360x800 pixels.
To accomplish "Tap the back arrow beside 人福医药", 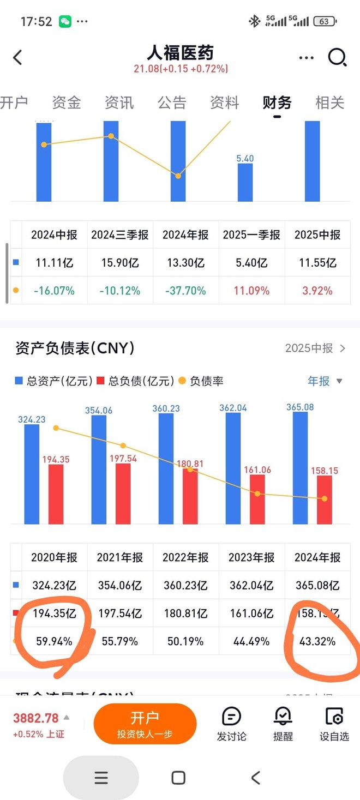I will click(18, 57).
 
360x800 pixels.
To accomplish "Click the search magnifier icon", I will click(337, 57).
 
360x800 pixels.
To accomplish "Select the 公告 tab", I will click(172, 103).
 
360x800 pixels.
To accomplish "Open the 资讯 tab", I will click(119, 103).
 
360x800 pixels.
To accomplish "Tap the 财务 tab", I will click(277, 103).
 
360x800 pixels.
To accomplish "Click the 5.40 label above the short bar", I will click(245, 159).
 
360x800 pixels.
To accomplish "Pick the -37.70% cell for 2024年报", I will click(185, 291).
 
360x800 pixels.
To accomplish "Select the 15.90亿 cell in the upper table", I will click(120, 263).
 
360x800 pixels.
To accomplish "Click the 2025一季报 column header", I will click(251, 235).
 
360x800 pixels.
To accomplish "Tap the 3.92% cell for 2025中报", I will click(317, 291).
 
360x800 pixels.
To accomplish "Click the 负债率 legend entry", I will click(201, 381).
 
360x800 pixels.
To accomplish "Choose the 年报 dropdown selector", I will click(325, 381).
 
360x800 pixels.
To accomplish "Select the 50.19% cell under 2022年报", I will click(185, 641).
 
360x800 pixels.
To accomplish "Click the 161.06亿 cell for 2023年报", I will click(251, 613).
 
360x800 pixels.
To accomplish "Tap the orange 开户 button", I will click(145, 724).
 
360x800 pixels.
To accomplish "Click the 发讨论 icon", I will click(231, 724).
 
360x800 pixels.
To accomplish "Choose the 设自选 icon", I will click(334, 724).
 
